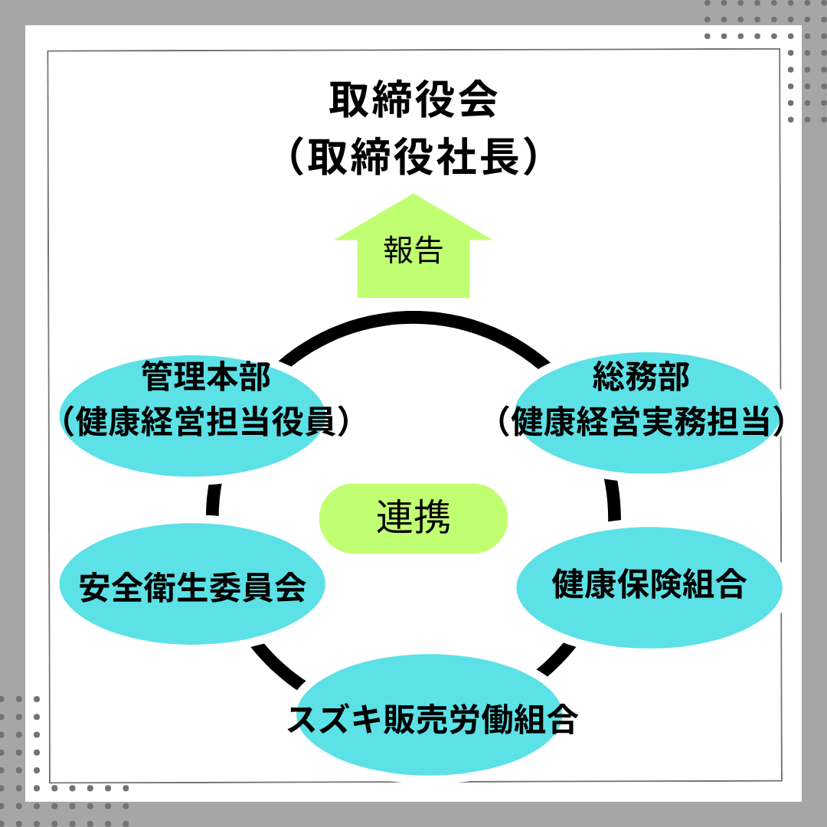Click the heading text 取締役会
[413, 100]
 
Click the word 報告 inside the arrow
[413, 250]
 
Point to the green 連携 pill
[413, 518]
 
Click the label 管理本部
[206, 378]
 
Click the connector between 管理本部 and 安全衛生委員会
[214, 498]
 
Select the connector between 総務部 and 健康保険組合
[613, 500]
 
